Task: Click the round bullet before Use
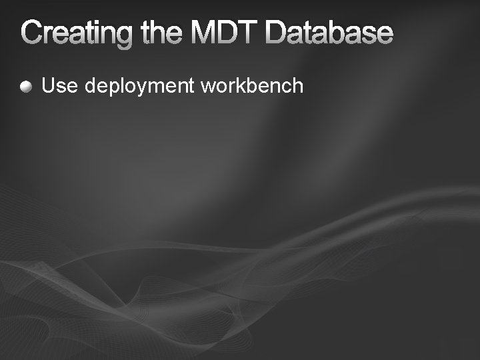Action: coord(26,86)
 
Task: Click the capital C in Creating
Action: coord(32,33)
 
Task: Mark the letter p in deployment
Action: coord(110,88)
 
